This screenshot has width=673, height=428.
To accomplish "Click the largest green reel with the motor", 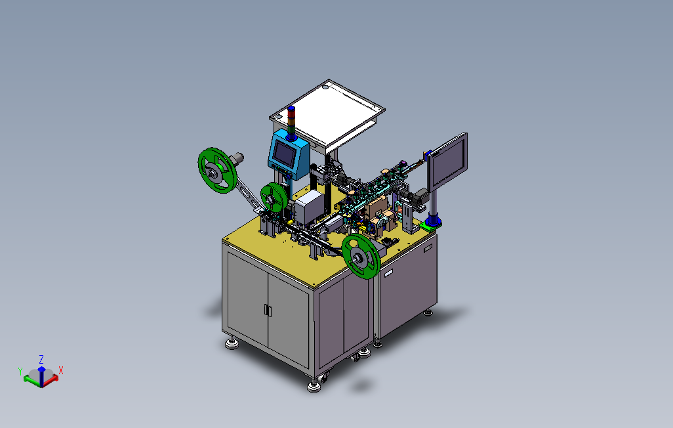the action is pyautogui.click(x=218, y=170).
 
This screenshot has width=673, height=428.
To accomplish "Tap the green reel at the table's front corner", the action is pyautogui.click(x=361, y=256).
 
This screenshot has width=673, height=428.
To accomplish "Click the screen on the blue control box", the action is pyautogui.click(x=284, y=152).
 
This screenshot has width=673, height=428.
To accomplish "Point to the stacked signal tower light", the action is pyautogui.click(x=291, y=123).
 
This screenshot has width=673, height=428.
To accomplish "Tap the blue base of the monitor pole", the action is pyautogui.click(x=433, y=222).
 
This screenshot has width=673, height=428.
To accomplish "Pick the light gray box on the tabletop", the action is pyautogui.click(x=309, y=207).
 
